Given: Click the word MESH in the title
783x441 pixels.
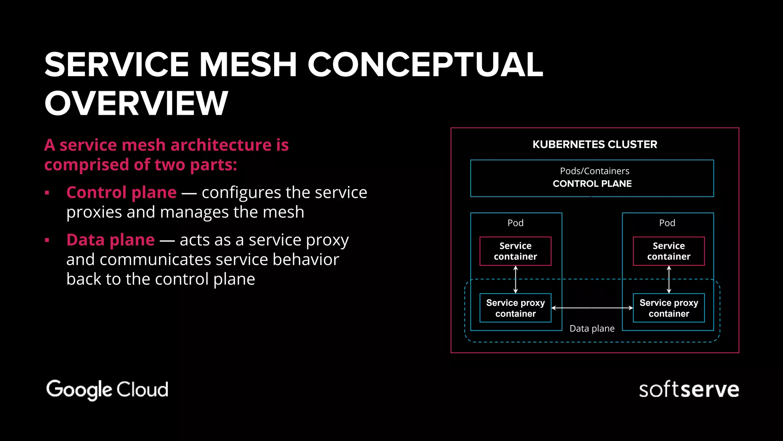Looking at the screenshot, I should coord(248,65).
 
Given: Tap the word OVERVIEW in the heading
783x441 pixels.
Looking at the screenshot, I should coord(136,103).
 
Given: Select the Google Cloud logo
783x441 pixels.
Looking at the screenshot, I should coord(107,389).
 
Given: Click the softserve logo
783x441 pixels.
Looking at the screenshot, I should coord(689,390).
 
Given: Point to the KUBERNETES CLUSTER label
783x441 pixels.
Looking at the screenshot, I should coord(595,144).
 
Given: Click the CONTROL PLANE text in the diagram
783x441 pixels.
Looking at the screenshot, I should coord(592,184).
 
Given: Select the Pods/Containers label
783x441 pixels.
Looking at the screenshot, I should coord(595,171).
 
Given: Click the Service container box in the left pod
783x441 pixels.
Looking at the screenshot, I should coord(515,251).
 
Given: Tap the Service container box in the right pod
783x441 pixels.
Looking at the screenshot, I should coord(669,251).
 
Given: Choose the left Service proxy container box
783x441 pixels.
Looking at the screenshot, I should coord(515,308).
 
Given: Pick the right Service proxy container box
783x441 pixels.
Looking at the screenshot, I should coord(669,308).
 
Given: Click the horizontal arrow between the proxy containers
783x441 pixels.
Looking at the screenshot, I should coord(592,308).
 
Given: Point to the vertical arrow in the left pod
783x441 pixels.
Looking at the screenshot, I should coord(515,280).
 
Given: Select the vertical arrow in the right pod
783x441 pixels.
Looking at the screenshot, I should coord(669,280).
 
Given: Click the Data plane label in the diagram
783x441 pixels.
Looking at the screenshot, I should coord(592,328).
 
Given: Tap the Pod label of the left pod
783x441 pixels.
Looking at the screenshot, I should coord(515,223).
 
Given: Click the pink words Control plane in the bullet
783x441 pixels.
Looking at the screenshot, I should coord(122,193).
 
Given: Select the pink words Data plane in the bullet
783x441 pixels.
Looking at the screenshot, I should coord(110,240).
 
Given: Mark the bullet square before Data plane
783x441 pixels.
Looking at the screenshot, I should coord(47,240).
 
